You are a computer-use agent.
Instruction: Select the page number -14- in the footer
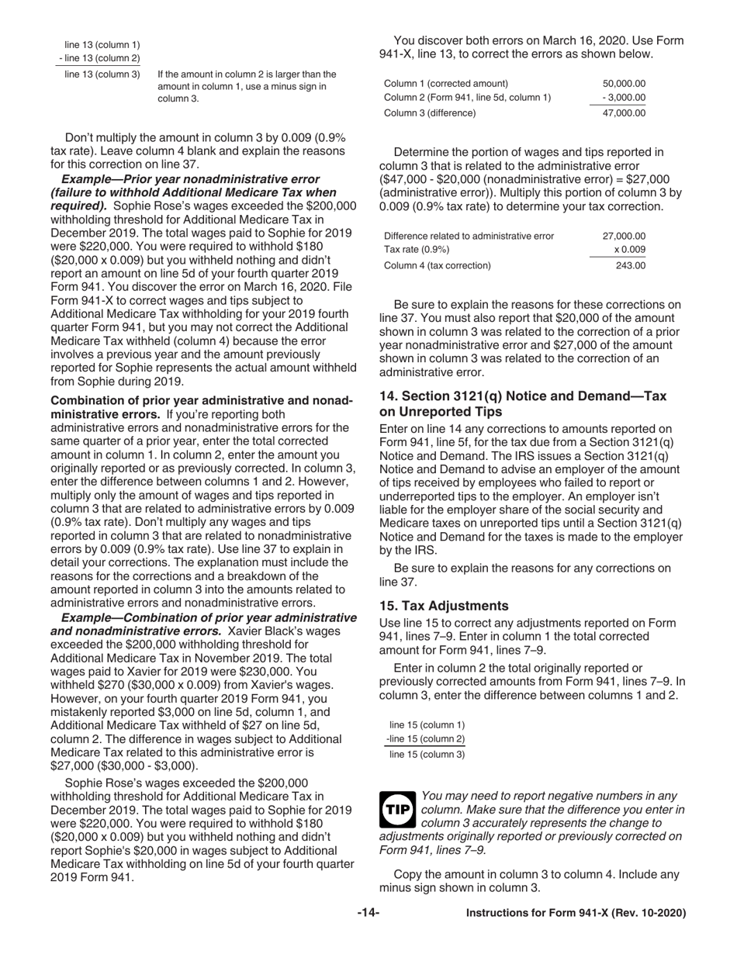point(368,913)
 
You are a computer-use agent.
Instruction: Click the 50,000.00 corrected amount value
point(624,83)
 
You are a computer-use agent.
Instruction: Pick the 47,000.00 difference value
point(624,112)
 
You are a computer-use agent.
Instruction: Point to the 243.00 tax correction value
point(630,265)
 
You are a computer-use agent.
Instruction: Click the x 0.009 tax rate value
point(629,250)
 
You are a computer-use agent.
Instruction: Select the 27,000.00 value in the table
point(624,235)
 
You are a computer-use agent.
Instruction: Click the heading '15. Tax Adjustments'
point(444,605)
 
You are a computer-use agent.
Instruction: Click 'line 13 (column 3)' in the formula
point(102,74)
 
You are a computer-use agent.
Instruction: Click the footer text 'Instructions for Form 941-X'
point(576,913)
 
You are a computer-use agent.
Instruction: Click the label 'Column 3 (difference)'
point(430,112)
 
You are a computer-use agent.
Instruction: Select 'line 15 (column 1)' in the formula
point(427,724)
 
